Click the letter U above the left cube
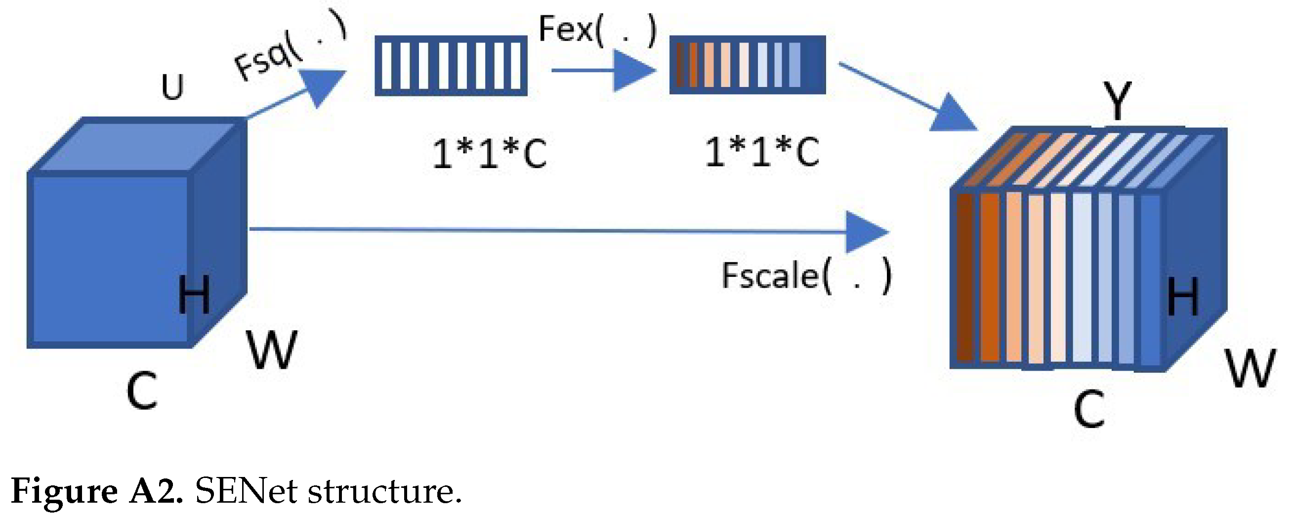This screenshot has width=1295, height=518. click(172, 87)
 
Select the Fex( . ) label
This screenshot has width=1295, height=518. click(597, 30)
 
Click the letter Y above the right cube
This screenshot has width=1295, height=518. click(1117, 100)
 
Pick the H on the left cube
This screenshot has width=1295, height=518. click(194, 295)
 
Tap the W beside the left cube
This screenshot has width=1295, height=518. click(272, 350)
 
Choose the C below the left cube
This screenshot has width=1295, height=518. click(141, 392)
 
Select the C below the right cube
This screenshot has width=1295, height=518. click(1089, 410)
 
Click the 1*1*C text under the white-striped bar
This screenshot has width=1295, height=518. click(489, 153)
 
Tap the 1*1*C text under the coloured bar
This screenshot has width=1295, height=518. click(762, 152)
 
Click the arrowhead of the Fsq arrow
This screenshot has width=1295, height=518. click(322, 86)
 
